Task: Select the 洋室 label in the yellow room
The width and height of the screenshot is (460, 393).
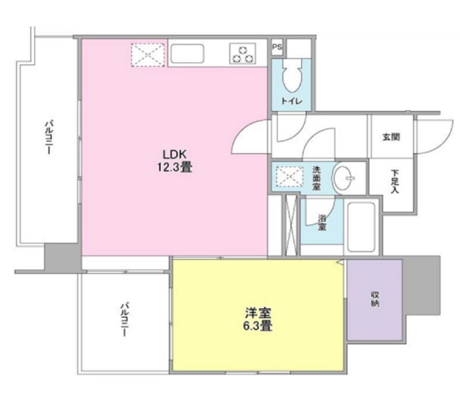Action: click(259, 314)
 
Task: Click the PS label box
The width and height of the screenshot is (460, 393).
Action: click(277, 46)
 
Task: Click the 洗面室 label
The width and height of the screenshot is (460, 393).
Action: click(317, 177)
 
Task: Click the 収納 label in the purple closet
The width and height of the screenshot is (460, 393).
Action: click(374, 299)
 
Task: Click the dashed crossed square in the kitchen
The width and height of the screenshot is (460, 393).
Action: click(148, 54)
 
